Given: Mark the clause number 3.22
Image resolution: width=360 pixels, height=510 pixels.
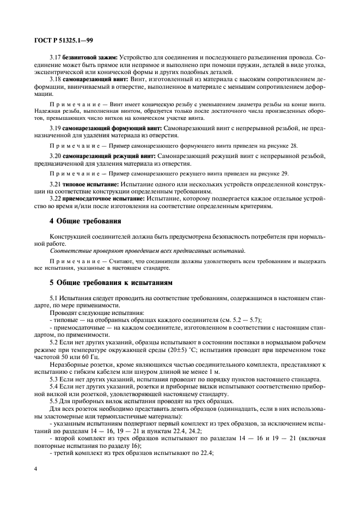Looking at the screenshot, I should click(x=55, y=199).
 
